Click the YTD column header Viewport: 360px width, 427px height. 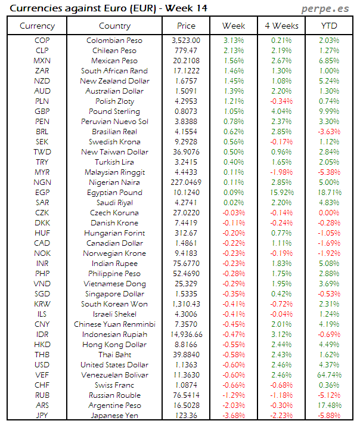click(x=329, y=26)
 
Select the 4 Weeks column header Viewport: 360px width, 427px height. click(x=281, y=26)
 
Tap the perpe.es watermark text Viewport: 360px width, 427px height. click(x=326, y=8)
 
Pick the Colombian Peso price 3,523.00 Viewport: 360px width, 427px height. click(x=186, y=40)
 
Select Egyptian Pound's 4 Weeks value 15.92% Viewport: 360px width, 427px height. click(x=281, y=193)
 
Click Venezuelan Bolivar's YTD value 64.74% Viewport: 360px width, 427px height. click(x=329, y=375)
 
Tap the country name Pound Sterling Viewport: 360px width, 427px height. click(x=114, y=112)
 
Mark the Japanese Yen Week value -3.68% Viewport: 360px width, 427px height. click(x=234, y=416)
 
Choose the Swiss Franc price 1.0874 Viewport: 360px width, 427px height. click(x=186, y=385)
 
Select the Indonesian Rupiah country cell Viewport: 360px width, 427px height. click(x=114, y=335)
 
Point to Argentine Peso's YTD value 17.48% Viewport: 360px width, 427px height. click(x=329, y=406)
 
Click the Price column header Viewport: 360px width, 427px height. click(x=186, y=26)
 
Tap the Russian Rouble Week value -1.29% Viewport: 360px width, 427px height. click(x=234, y=395)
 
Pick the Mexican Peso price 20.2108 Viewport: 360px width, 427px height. click(x=186, y=61)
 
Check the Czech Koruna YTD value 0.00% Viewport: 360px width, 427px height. click(x=329, y=213)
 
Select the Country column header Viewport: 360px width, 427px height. click(x=114, y=26)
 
